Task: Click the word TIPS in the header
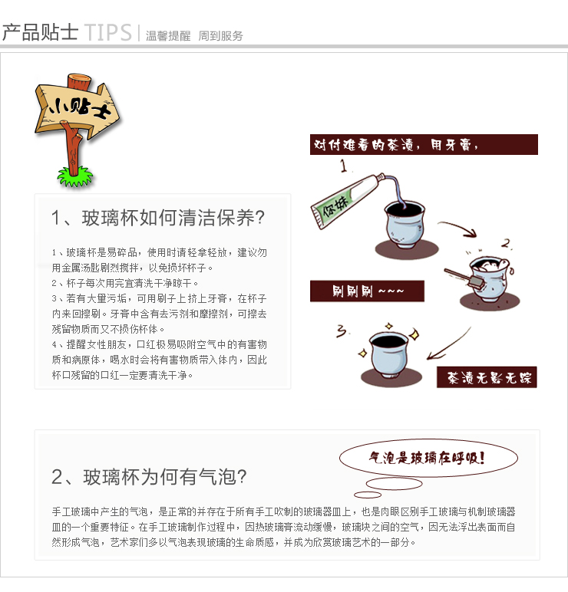pos(108,32)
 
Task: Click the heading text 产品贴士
pos(40,32)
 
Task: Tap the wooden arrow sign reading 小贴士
pos(77,107)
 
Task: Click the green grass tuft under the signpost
pos(75,177)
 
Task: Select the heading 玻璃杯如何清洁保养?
pos(173,218)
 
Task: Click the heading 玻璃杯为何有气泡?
pos(165,477)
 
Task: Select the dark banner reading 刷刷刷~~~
pos(367,291)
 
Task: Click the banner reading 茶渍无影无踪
pos(487,377)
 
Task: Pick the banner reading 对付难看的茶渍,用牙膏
pos(424,145)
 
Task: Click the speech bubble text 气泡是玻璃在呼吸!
pos(427,458)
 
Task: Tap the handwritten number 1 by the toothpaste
pos(344,166)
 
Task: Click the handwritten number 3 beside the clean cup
pos(342,331)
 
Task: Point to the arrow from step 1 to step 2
pos(459,226)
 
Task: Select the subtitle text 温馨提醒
pos(168,36)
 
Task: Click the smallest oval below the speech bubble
pos(368,495)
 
